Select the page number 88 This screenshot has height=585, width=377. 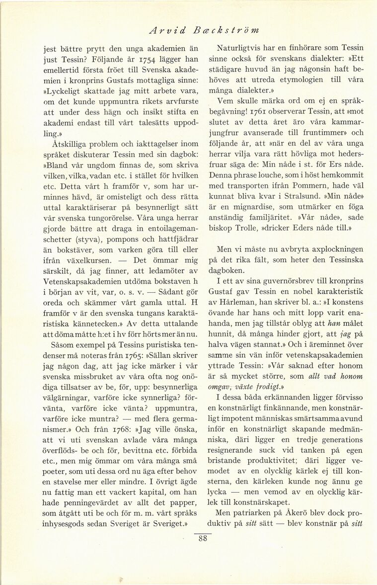202,539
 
